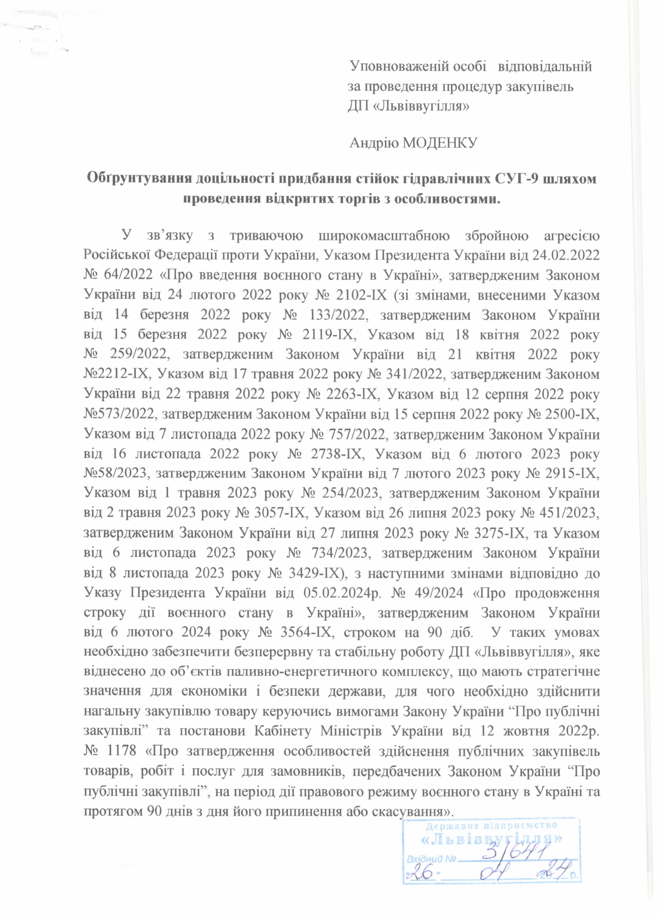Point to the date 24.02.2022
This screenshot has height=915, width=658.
(568, 256)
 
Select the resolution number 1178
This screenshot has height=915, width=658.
(124, 751)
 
